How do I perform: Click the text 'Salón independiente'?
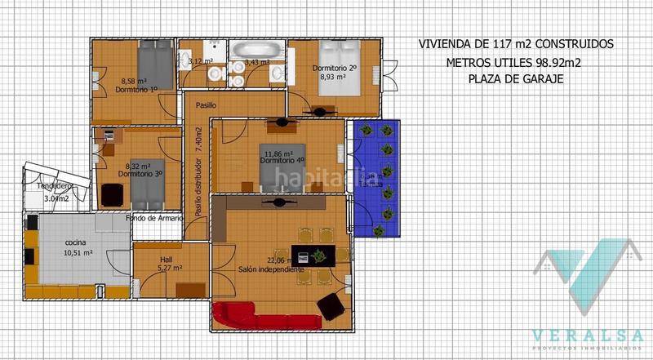271,269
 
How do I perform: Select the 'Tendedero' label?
32,186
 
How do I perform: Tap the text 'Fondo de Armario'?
153,218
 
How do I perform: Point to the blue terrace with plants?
375,178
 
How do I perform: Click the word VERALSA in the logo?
587,335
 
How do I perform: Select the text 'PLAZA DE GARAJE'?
515,79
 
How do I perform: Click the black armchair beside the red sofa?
331,306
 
